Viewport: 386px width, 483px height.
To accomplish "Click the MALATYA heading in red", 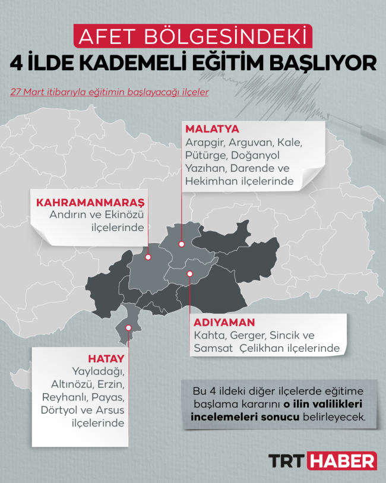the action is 212,129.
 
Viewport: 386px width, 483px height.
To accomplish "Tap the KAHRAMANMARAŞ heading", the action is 90,202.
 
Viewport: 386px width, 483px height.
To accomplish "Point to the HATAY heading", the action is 106,359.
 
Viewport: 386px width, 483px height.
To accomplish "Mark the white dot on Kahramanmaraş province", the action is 148,257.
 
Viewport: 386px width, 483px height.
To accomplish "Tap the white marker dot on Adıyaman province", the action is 190,274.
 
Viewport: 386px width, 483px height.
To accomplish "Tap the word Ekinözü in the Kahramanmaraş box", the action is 123,215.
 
